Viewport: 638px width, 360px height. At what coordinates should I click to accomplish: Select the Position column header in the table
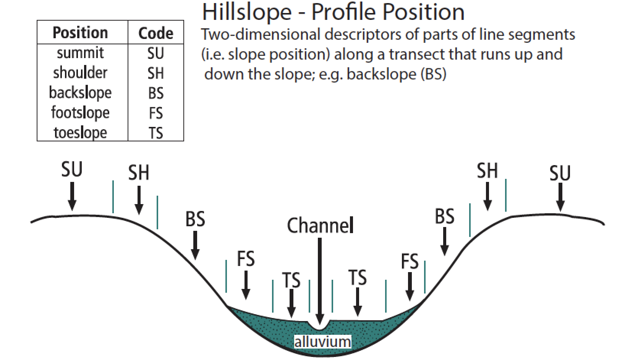click(x=80, y=33)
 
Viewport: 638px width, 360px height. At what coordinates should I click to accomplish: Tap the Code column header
click(x=155, y=34)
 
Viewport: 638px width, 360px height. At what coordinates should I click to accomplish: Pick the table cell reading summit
click(x=80, y=53)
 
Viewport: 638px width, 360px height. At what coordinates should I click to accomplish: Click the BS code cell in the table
click(x=155, y=93)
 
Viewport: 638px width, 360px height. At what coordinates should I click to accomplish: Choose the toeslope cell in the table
click(x=80, y=133)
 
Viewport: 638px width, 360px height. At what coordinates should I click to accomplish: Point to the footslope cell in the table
click(x=80, y=113)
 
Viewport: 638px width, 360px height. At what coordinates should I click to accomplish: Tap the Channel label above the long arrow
click(x=320, y=225)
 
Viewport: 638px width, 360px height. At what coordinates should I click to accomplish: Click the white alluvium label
click(x=322, y=341)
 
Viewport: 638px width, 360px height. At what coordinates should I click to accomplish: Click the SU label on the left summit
click(x=72, y=169)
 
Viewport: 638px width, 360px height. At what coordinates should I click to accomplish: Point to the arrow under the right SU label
click(x=560, y=197)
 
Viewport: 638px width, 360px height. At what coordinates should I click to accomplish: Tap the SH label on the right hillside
click(x=487, y=170)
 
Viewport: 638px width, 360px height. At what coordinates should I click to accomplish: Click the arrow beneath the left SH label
click(x=139, y=200)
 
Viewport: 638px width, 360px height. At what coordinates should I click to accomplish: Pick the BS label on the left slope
click(x=195, y=219)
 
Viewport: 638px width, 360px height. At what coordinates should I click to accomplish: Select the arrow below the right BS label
click(x=444, y=241)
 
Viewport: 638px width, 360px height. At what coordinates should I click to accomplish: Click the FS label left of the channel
click(x=246, y=259)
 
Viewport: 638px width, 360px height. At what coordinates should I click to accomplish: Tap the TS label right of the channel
click(x=358, y=278)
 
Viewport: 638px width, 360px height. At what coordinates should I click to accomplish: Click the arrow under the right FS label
click(x=410, y=286)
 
